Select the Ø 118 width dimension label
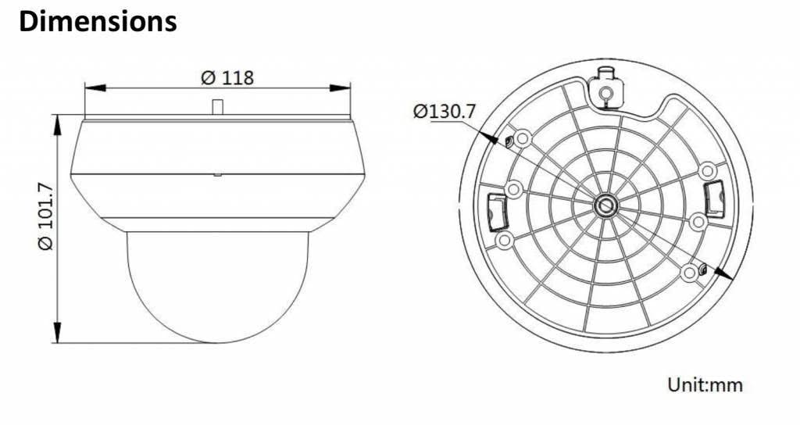tap(227, 77)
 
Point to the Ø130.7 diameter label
tap(444, 111)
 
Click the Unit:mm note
tap(705, 385)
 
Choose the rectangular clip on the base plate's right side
tap(712, 197)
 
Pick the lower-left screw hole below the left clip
tap(505, 239)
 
